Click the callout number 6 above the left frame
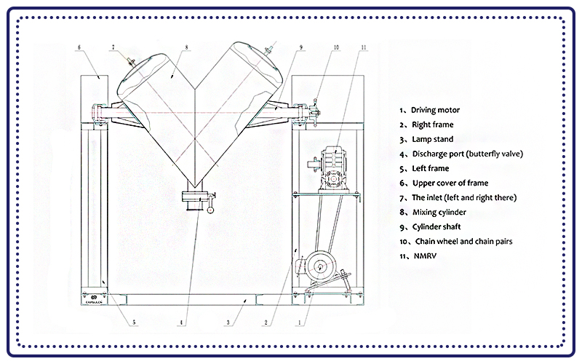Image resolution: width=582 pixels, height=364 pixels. click(79, 48)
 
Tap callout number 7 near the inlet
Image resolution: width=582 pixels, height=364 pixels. click(113, 48)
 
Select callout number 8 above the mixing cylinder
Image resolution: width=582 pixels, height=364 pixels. click(187, 48)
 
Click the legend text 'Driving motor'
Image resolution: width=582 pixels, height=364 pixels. click(435, 110)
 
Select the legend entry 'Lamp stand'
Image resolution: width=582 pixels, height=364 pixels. click(431, 139)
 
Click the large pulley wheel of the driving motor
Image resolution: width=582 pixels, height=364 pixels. click(317, 267)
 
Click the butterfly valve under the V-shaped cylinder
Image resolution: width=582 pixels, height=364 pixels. click(194, 198)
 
